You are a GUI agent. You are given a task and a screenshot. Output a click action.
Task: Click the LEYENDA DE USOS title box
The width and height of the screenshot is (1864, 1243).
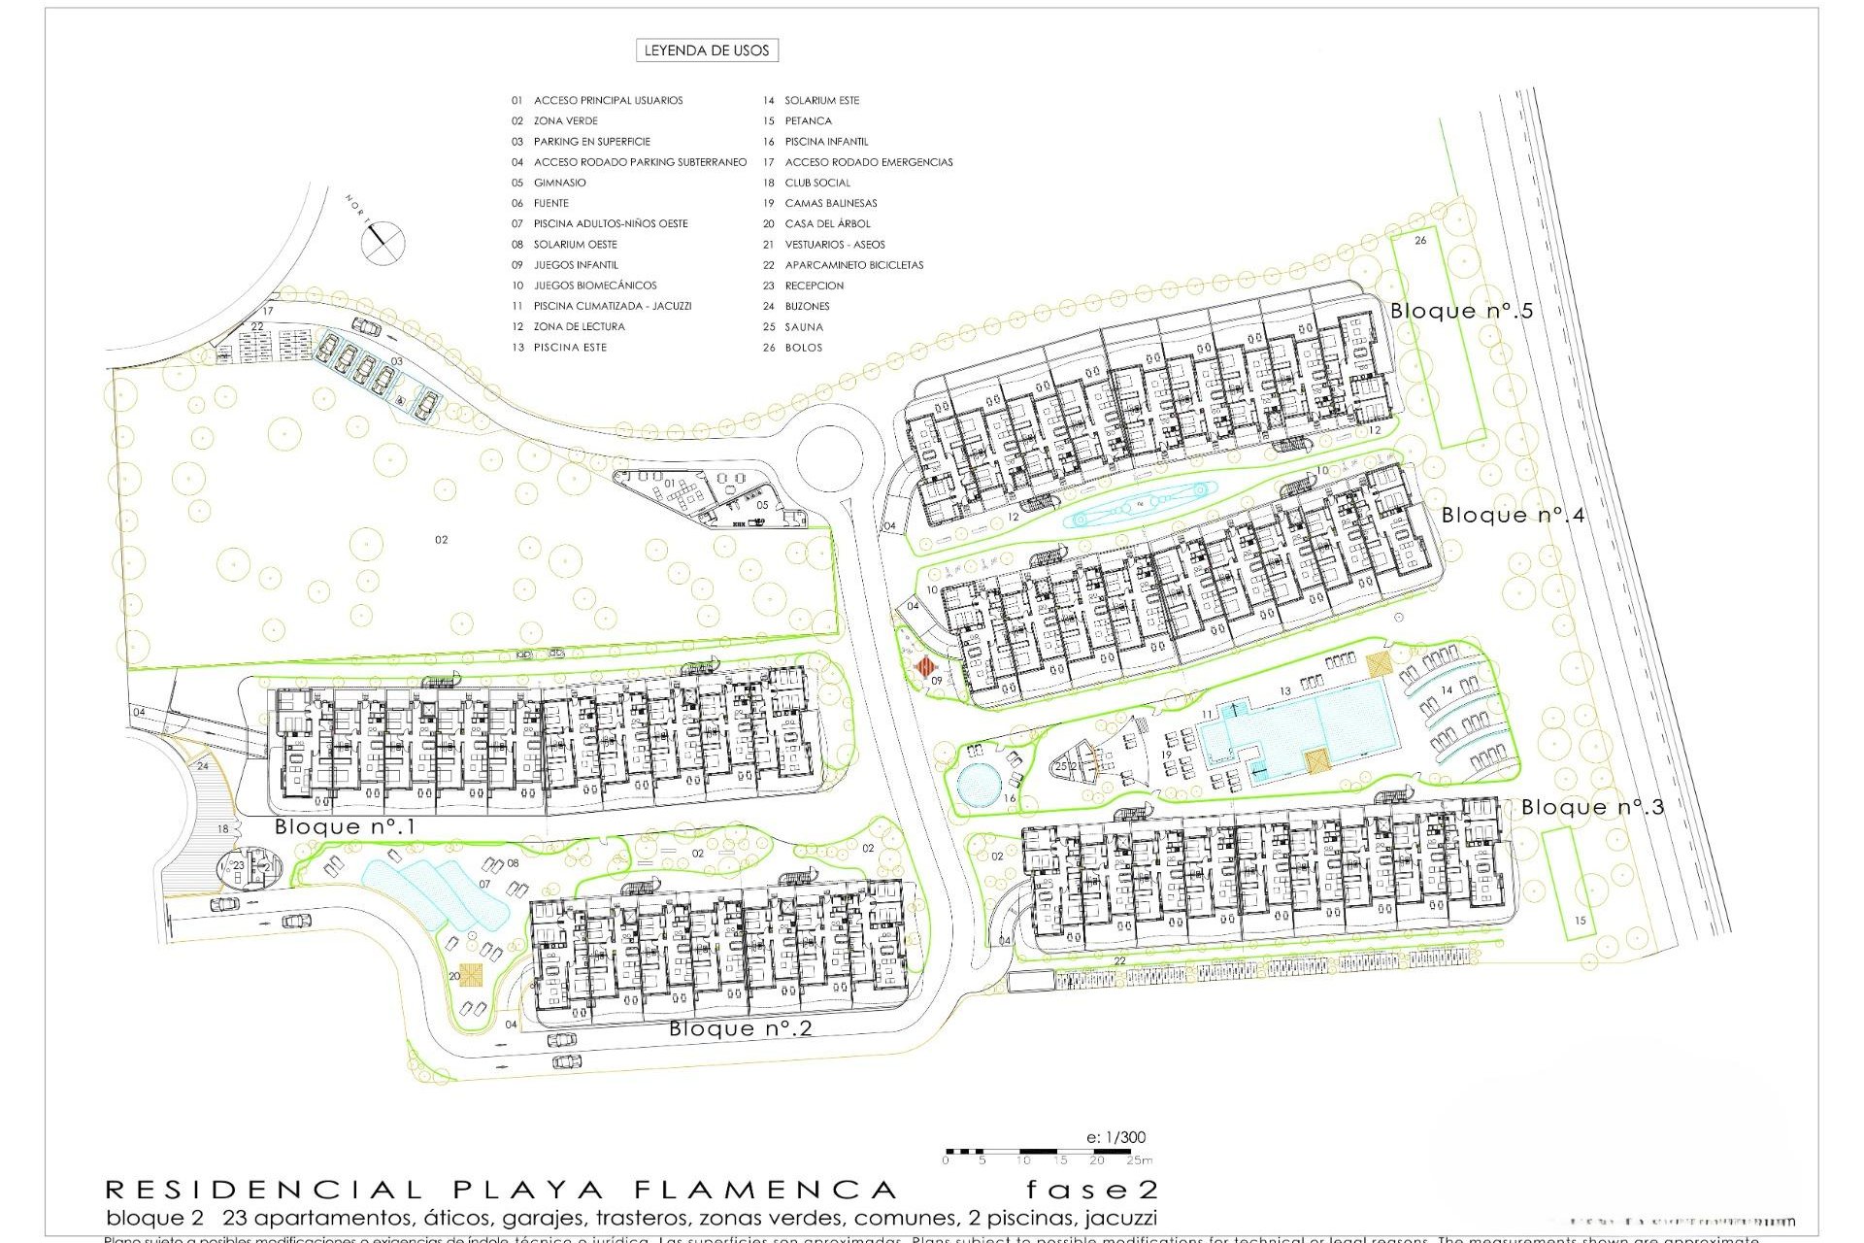point(707,50)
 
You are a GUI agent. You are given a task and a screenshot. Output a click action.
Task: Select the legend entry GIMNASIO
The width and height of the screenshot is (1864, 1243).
point(559,183)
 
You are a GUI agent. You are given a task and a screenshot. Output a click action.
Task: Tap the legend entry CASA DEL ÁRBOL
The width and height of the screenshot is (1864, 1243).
point(827,223)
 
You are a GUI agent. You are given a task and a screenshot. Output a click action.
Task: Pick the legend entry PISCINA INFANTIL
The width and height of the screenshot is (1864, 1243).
point(826,142)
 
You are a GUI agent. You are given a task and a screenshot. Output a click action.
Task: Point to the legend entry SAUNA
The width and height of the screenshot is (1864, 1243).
point(804,326)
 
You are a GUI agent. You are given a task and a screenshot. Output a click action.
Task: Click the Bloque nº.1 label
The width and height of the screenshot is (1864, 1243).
point(345,827)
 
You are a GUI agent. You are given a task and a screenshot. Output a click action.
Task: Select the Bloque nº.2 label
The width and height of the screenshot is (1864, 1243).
point(740,1028)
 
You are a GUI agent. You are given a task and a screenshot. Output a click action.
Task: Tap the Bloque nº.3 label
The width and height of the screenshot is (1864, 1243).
point(1592,807)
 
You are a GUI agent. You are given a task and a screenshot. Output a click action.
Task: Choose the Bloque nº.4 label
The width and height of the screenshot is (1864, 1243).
point(1513,515)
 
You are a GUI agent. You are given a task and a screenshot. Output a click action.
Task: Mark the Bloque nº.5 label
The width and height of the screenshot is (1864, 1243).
point(1461,311)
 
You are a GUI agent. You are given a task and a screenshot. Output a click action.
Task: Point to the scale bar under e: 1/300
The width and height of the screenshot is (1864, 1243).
point(1048,1153)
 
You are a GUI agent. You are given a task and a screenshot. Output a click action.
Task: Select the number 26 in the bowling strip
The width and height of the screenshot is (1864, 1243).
point(1420,240)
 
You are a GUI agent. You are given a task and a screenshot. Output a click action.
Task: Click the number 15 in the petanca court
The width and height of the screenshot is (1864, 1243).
point(1580,921)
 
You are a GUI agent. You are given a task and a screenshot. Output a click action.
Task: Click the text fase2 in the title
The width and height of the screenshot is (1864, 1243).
point(1091,1191)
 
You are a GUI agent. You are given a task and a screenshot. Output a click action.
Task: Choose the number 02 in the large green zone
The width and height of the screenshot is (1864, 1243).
point(441,540)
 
